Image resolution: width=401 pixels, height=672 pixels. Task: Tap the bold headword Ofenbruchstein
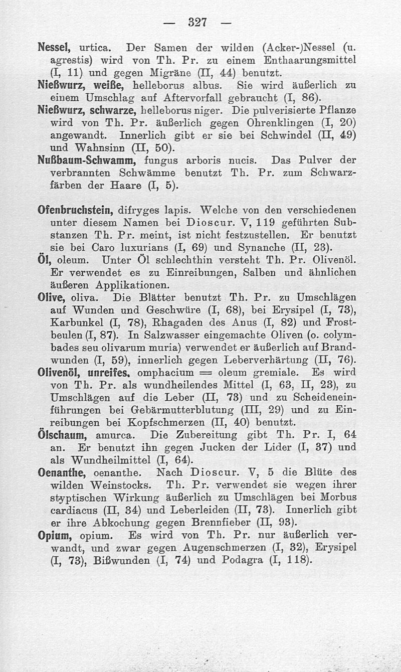click(x=74, y=210)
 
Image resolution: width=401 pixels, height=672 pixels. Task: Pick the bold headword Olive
click(x=51, y=297)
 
